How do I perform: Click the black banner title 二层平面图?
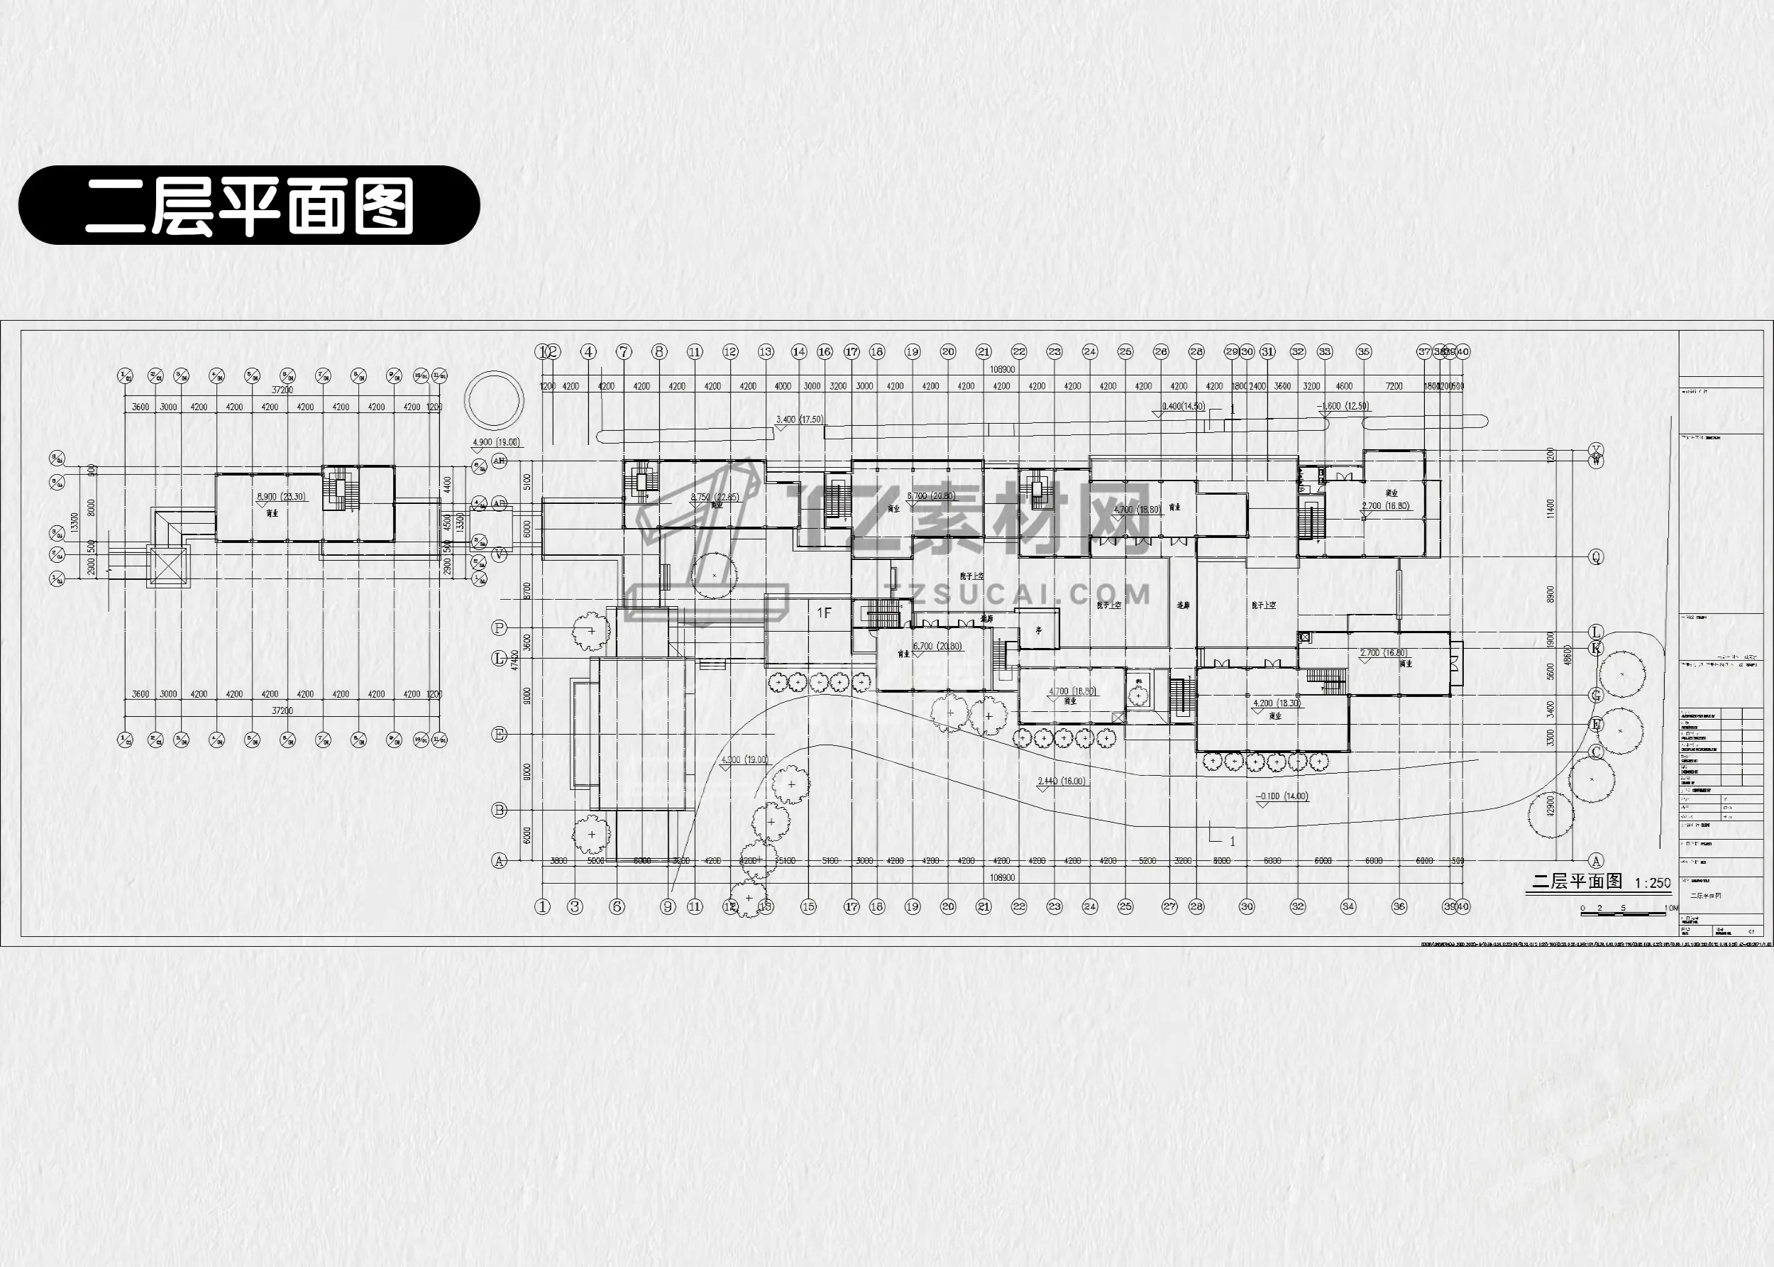(x=248, y=205)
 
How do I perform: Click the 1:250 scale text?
(x=1653, y=883)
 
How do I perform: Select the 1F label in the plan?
(x=825, y=613)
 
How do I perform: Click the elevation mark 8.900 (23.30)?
(x=282, y=497)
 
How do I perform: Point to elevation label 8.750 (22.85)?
(x=715, y=497)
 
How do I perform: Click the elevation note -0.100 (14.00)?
(x=1282, y=796)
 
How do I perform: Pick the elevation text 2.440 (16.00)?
(x=1062, y=781)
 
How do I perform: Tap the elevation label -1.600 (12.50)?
(x=1343, y=407)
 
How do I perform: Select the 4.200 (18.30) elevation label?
(x=1277, y=703)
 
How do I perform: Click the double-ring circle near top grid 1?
(x=494, y=400)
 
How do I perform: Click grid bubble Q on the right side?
(x=1596, y=557)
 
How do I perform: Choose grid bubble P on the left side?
(x=500, y=628)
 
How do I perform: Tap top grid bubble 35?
(x=1363, y=352)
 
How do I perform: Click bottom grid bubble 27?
(x=1169, y=906)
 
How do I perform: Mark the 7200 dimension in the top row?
(x=1394, y=386)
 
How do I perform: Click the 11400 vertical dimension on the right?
(x=1550, y=509)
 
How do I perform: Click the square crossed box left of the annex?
(x=168, y=566)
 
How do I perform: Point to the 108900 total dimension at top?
(x=1002, y=370)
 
